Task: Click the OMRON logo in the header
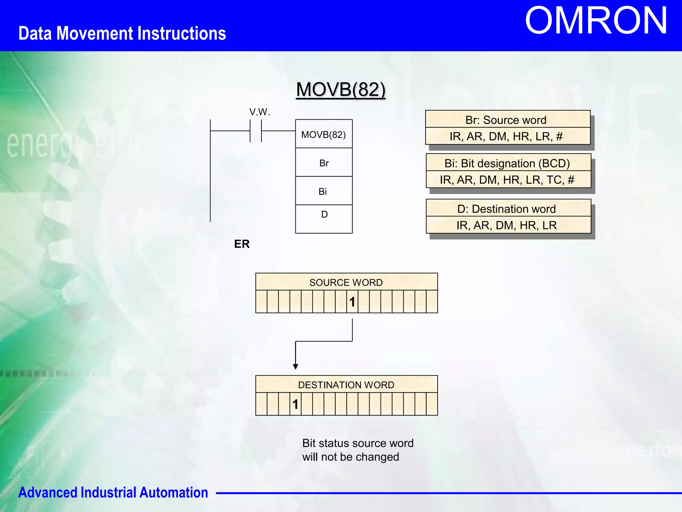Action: [x=596, y=21]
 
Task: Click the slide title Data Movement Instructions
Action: [x=122, y=33]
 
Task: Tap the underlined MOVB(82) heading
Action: [x=341, y=89]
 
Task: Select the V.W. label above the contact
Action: [x=259, y=112]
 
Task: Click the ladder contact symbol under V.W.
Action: [x=256, y=131]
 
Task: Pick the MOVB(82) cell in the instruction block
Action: [x=324, y=134]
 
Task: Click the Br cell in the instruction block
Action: [x=324, y=163]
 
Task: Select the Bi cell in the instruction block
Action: [x=323, y=191]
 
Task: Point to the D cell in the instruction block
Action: [x=324, y=215]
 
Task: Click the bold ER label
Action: [x=242, y=244]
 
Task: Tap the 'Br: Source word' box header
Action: [x=506, y=120]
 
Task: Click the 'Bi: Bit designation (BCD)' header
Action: [x=507, y=163]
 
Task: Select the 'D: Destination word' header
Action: [x=507, y=209]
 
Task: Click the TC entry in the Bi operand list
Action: [x=554, y=180]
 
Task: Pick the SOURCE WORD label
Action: [x=346, y=282]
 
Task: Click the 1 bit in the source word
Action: [x=352, y=302]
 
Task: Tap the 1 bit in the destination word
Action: [x=295, y=404]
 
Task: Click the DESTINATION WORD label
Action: [x=346, y=385]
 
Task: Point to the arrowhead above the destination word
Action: [x=295, y=367]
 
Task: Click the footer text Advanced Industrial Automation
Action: [x=113, y=492]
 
